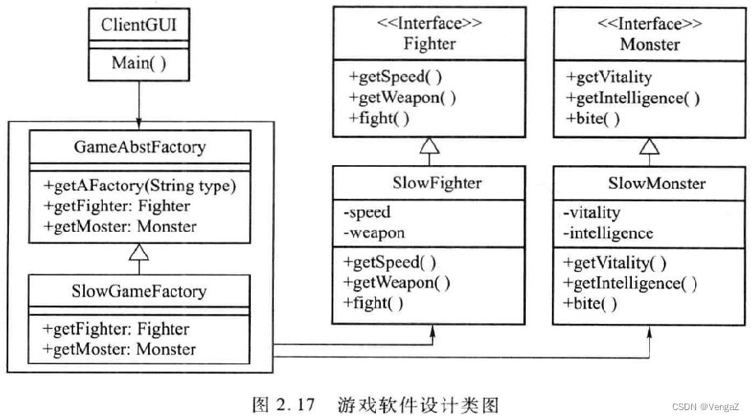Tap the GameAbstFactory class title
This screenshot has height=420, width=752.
[x=139, y=148]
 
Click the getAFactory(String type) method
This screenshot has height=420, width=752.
[x=141, y=187]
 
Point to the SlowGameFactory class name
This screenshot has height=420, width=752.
[x=139, y=291]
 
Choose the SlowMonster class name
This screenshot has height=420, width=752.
[x=649, y=182]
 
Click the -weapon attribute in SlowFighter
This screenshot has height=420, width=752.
[x=374, y=233]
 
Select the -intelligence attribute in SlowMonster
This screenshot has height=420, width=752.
[x=608, y=233]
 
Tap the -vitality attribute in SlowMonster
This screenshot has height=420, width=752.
[x=592, y=213]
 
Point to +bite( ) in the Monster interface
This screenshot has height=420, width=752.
[x=592, y=118]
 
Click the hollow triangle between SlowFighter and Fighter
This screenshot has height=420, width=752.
[x=429, y=146]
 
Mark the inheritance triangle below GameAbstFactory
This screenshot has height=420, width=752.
[x=139, y=253]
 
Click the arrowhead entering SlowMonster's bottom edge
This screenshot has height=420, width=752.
[x=651, y=331]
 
